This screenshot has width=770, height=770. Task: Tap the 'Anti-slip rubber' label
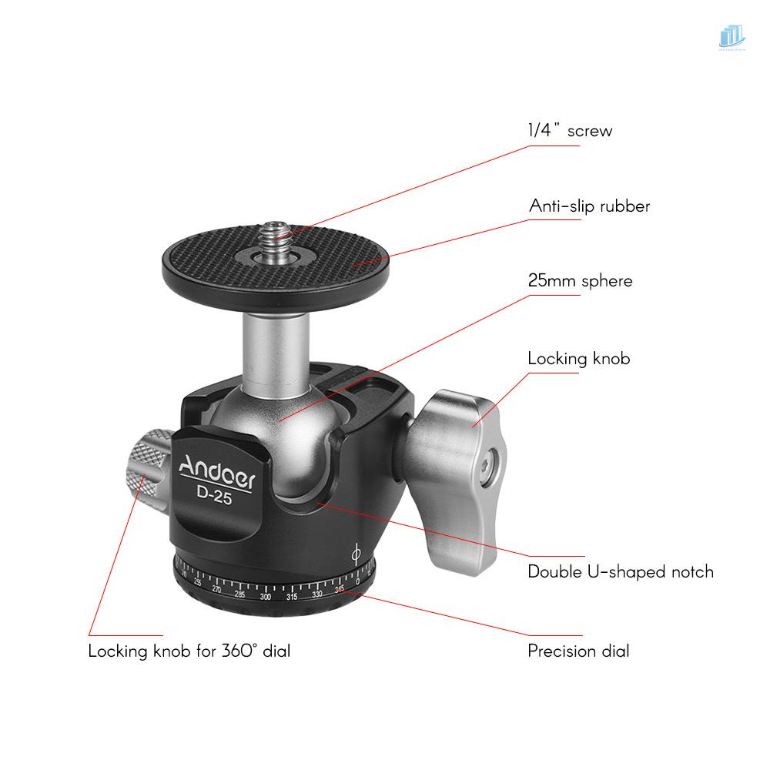589,206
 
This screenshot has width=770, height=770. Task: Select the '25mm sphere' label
580,280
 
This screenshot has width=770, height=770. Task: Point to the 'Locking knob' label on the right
578,359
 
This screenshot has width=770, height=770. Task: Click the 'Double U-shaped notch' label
620,571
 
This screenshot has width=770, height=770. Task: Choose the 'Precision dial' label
578,651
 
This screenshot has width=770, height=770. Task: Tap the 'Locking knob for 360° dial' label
189,651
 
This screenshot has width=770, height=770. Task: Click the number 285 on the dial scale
240,594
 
